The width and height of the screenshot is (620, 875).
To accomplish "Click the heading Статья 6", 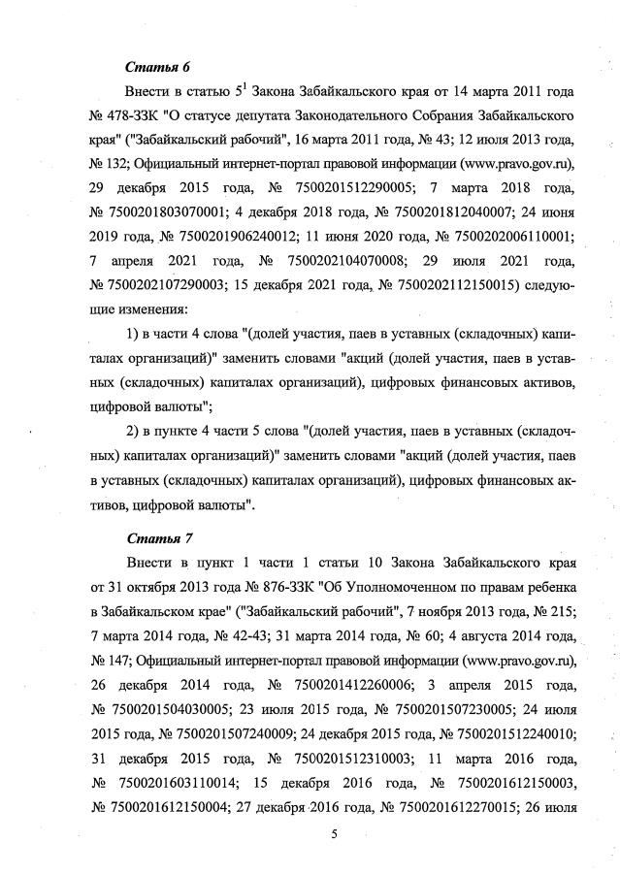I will pyautogui.click(x=157, y=66).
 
